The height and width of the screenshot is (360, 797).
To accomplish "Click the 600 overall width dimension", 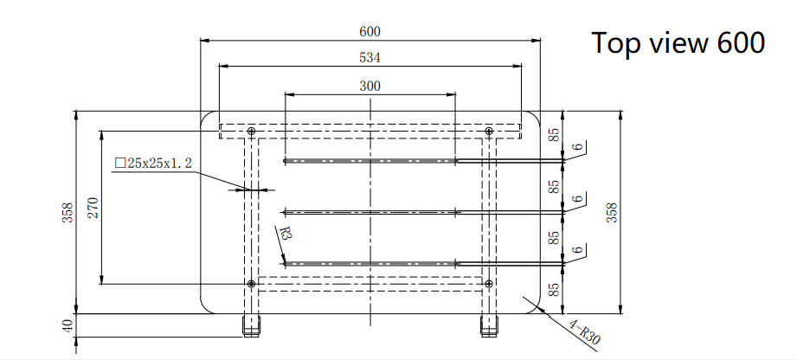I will pyautogui.click(x=370, y=31).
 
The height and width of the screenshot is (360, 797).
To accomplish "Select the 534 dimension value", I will pyautogui.click(x=370, y=58).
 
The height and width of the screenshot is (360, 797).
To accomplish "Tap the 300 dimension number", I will pyautogui.click(x=370, y=86).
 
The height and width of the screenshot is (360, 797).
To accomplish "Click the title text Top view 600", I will pyautogui.click(x=678, y=42).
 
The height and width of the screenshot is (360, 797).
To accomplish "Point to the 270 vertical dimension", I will pyautogui.click(x=93, y=207).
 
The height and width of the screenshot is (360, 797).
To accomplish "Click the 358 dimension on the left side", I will pyautogui.click(x=67, y=212).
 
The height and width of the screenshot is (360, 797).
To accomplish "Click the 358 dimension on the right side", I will pyautogui.click(x=612, y=212).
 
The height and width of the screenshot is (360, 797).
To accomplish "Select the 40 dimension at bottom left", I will pyautogui.click(x=67, y=325).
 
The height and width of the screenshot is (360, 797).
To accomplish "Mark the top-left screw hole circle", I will pyautogui.click(x=251, y=131).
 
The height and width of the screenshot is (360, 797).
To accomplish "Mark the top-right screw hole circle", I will pyautogui.click(x=489, y=131).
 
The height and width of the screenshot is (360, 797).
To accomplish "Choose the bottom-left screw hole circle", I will pyautogui.click(x=251, y=283).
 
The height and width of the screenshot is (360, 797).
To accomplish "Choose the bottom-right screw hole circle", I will pyautogui.click(x=489, y=283).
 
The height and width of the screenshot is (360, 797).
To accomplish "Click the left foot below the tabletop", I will pyautogui.click(x=251, y=325).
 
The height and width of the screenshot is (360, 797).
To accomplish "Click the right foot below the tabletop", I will pyautogui.click(x=489, y=325).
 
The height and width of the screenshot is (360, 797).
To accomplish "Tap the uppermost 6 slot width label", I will pyautogui.click(x=575, y=148).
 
